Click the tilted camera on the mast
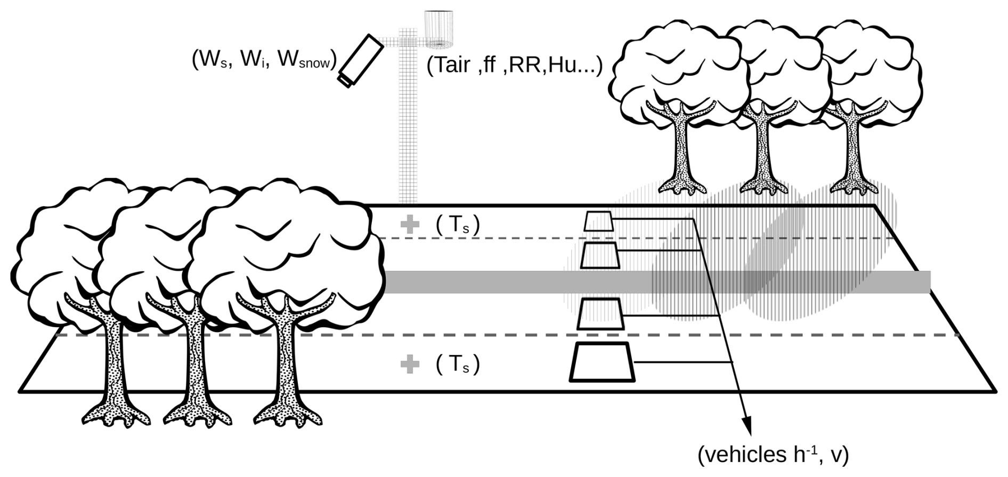click(x=361, y=60)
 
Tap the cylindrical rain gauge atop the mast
click(x=438, y=28)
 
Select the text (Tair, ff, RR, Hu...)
click(x=514, y=65)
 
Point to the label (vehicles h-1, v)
click(x=773, y=455)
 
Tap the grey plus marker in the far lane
click(x=409, y=224)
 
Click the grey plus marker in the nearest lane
click(x=409, y=365)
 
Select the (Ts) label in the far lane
click(x=458, y=225)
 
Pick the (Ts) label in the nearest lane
click(x=458, y=365)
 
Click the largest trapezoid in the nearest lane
click(x=602, y=362)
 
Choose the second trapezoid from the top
click(x=600, y=255)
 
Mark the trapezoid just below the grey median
click(x=600, y=314)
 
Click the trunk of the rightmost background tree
click(x=848, y=149)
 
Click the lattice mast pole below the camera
click(x=408, y=133)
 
